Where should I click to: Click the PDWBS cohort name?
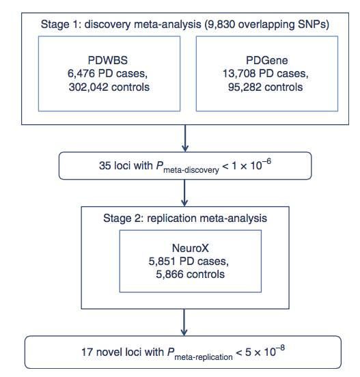(107, 60)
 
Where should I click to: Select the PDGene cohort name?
(266, 60)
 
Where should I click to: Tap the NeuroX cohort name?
(191, 248)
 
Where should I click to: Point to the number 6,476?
(81, 73)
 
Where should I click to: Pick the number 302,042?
(88, 87)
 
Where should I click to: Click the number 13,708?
(239, 73)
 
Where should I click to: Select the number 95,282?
(245, 87)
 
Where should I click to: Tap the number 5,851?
(162, 261)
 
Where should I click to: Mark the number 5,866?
(169, 274)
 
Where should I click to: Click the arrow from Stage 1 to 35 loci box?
(185, 138)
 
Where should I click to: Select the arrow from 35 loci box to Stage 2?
(184, 193)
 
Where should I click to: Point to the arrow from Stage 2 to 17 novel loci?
(184, 322)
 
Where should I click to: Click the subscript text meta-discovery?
(191, 170)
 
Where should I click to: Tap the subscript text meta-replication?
(204, 357)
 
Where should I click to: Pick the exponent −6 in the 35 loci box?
(266, 161)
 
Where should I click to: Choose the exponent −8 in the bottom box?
(279, 348)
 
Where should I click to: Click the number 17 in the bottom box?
(87, 352)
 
